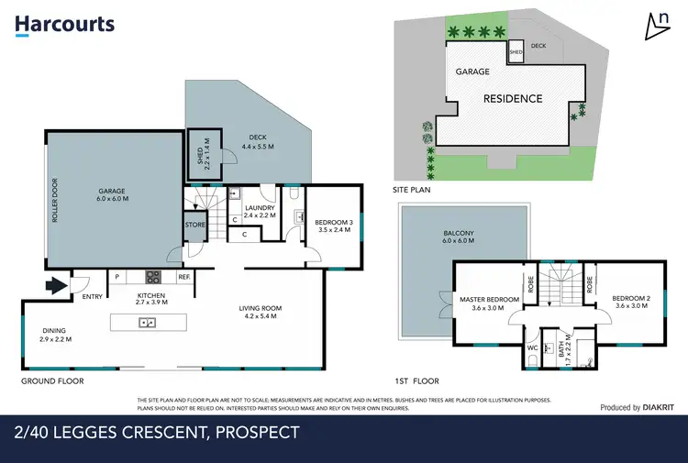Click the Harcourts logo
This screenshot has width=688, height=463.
(64, 26)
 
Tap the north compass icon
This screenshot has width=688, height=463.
(656, 28)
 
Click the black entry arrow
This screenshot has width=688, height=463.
(56, 286)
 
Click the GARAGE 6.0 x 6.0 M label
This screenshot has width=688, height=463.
(112, 194)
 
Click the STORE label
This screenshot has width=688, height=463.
(194, 225)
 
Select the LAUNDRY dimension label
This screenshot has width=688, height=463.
(261, 212)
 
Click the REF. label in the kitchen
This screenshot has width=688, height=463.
(183, 277)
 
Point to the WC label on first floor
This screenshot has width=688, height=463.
(531, 348)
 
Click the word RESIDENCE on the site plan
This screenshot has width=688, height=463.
(512, 98)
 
